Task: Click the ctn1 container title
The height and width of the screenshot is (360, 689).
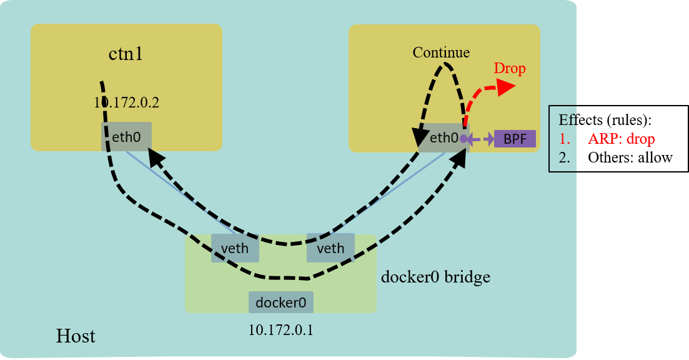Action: [x=126, y=54]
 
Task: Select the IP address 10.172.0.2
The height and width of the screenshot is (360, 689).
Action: [x=127, y=102]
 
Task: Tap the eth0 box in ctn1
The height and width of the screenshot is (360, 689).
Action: [x=126, y=136]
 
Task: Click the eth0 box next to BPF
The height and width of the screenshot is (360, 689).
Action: [x=444, y=137]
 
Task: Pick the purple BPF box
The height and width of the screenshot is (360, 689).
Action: [x=515, y=139]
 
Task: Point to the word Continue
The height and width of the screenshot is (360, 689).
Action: [x=441, y=52]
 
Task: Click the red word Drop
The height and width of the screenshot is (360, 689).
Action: [x=510, y=68]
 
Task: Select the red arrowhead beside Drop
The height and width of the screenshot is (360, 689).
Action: [x=506, y=87]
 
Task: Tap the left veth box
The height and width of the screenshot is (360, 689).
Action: [x=235, y=248]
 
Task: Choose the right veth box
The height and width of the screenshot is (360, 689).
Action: [x=330, y=248]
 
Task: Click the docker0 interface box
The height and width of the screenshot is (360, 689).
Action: [x=281, y=302]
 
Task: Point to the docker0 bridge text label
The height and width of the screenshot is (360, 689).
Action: [x=435, y=276]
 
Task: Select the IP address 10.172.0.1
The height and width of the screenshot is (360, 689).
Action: [x=281, y=329]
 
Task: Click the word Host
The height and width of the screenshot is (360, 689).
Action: [x=76, y=336]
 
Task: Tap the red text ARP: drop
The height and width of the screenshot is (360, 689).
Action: [x=621, y=139]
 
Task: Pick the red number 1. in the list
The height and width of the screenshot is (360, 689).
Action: [x=564, y=139]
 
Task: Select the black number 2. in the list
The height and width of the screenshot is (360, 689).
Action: [x=564, y=157]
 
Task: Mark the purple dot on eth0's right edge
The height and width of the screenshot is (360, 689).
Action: [x=463, y=139]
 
